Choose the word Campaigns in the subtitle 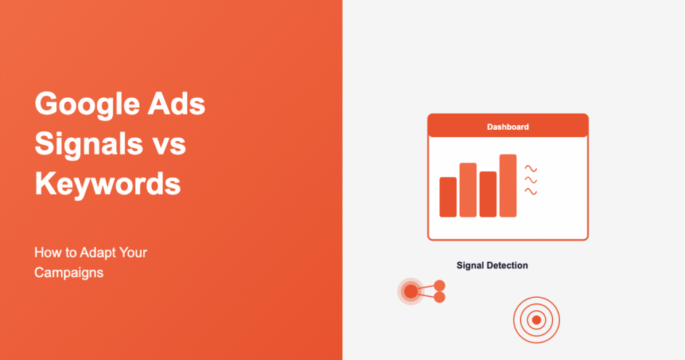coord(69,273)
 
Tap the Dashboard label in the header coord(508,126)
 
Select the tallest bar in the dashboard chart coord(508,186)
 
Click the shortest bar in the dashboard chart coord(448,197)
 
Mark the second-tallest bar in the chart coord(468,190)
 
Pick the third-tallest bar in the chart coord(488,194)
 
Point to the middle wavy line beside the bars coord(531,180)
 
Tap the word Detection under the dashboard coord(508,266)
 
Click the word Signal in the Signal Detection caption coord(471,266)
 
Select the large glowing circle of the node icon coord(411,291)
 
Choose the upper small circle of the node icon coord(439,285)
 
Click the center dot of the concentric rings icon coord(536,321)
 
